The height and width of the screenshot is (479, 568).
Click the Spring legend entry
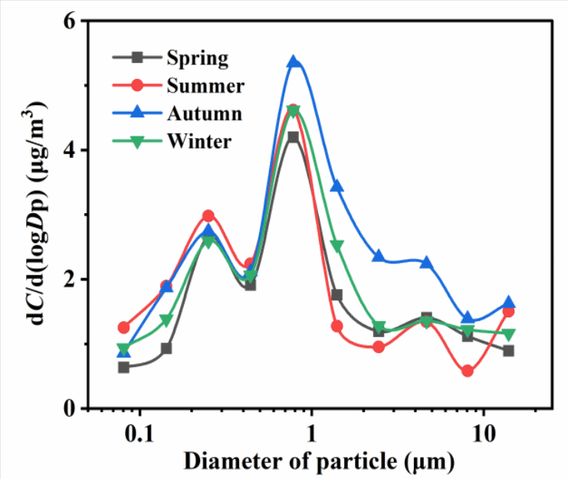(x=195, y=57)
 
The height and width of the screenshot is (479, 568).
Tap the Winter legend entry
(x=198, y=141)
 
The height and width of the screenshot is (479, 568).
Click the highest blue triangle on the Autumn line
(x=293, y=62)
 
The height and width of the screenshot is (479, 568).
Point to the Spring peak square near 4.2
(x=293, y=137)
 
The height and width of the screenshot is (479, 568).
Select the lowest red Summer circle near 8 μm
(x=467, y=371)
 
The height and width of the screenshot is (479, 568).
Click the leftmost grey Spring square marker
(x=124, y=367)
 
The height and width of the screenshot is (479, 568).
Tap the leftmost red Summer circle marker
(x=124, y=327)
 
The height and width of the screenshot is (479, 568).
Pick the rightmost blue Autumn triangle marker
(x=508, y=303)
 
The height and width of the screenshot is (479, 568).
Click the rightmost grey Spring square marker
(x=508, y=351)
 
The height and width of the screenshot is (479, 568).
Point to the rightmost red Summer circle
(x=508, y=311)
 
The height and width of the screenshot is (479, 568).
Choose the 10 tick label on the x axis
(x=482, y=435)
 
